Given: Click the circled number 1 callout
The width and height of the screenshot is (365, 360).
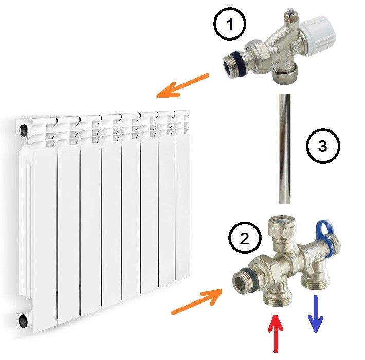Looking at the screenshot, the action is (x=230, y=24).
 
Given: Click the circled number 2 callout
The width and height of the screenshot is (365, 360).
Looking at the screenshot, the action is (x=245, y=238).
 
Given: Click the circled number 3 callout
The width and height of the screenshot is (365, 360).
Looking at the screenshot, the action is (x=323, y=146).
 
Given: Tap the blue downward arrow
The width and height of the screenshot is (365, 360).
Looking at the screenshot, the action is (x=316, y=313).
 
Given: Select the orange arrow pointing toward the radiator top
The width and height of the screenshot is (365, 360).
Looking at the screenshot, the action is (x=183, y=86).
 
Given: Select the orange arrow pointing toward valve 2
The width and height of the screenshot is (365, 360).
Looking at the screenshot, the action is (x=197, y=301).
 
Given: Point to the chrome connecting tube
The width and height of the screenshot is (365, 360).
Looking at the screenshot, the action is (x=284, y=149).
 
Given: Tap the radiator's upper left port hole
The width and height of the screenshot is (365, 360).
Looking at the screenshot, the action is (x=24, y=129).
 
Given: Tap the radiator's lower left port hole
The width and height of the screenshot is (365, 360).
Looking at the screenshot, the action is (x=23, y=321).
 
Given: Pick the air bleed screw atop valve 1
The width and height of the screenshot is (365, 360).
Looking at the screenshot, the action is (x=289, y=13).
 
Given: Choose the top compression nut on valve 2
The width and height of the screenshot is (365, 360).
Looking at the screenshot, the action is (x=282, y=226).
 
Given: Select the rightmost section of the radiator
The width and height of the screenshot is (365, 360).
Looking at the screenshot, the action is (x=182, y=198).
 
